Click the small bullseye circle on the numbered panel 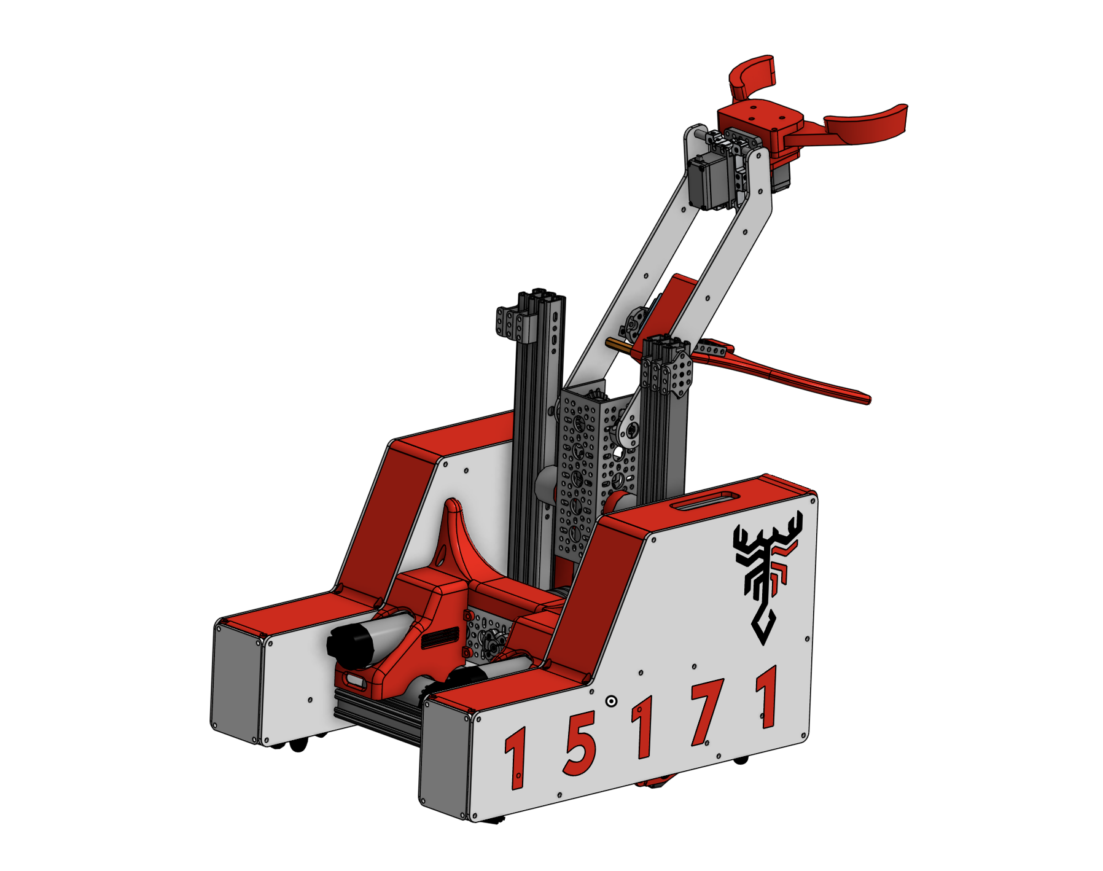coord(611,701)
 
